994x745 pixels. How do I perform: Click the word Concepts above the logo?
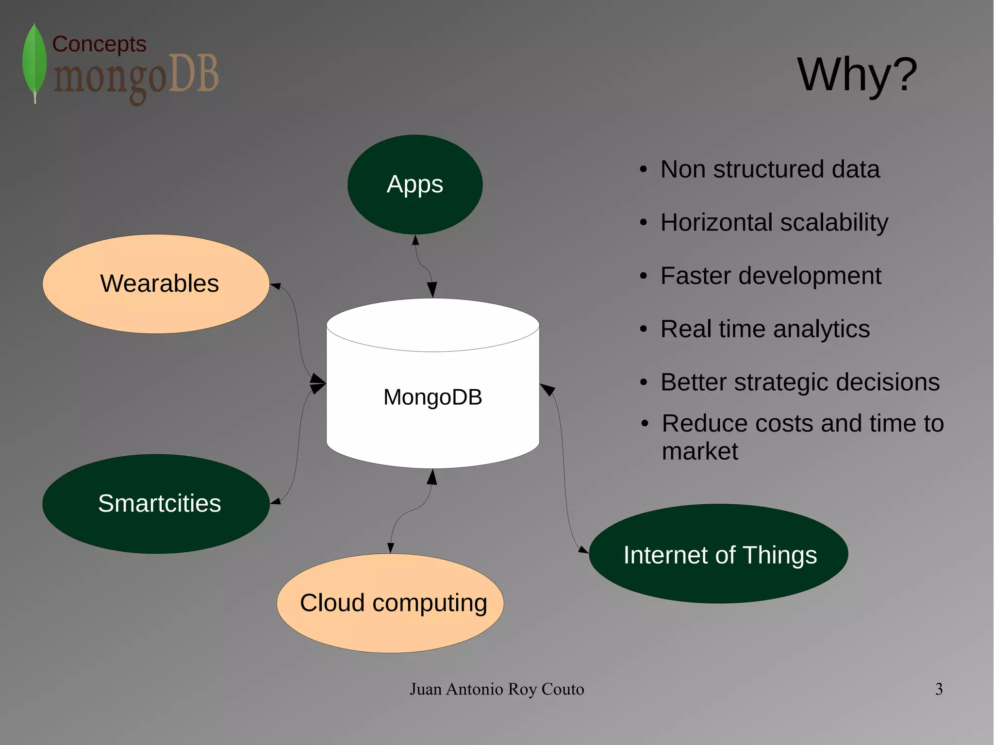tap(99, 44)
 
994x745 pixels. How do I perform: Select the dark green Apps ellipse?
tap(415, 184)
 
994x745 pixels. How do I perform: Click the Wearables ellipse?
tap(156, 284)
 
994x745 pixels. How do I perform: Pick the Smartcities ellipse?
tap(156, 504)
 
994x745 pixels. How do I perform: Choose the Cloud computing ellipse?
tap(390, 603)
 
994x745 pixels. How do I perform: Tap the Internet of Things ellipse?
tap(718, 554)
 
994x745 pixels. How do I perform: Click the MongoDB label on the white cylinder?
tap(432, 397)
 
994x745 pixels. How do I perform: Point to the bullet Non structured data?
tap(770, 169)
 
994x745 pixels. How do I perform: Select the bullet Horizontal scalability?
tap(774, 222)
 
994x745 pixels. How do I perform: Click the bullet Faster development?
tap(770, 276)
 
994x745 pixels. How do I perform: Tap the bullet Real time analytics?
tap(765, 329)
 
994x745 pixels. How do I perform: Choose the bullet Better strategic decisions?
tap(800, 382)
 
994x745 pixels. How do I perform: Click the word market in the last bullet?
tap(700, 451)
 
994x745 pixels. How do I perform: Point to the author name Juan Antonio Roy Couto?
tap(497, 689)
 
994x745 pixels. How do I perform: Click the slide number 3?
tap(939, 689)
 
